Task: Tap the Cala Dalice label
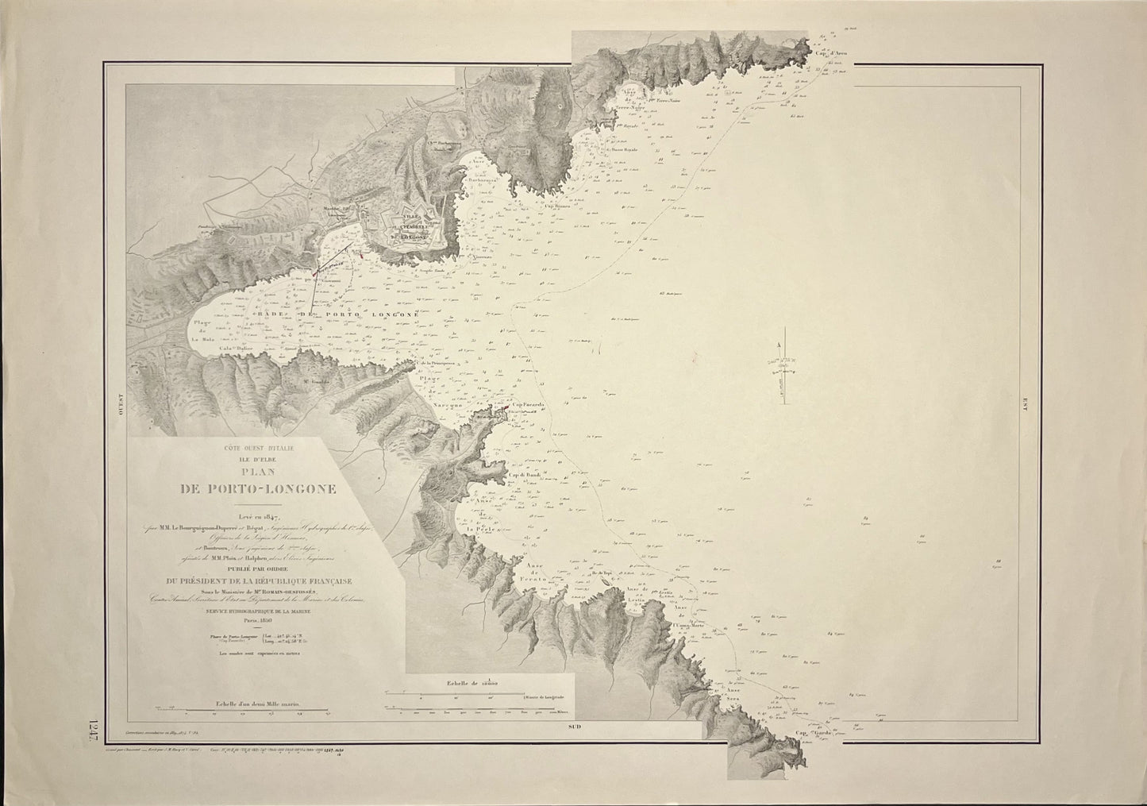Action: tap(218, 347)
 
